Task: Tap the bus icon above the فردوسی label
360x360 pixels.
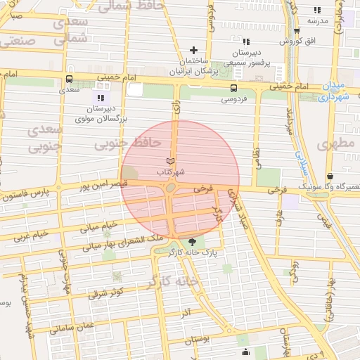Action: (x=233, y=88)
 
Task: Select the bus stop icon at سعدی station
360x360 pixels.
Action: (x=69, y=79)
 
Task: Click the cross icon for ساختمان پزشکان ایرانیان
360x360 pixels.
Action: (x=194, y=51)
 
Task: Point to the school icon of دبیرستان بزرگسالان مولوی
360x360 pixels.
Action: (x=101, y=97)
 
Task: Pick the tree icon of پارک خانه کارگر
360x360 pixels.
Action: (x=203, y=242)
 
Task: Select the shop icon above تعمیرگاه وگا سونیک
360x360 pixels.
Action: (x=330, y=176)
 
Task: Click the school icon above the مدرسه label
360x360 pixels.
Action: (x=317, y=10)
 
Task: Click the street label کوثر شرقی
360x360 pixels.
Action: (x=107, y=291)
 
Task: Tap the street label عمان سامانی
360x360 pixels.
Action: (x=71, y=326)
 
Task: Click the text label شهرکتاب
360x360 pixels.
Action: (x=170, y=172)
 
